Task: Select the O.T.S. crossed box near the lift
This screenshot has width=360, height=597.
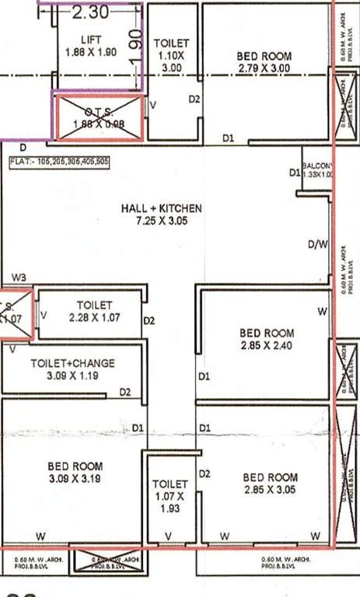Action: tap(98, 117)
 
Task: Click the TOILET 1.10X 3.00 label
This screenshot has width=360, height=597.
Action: tap(172, 55)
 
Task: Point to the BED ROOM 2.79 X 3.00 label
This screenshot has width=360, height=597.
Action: tap(264, 62)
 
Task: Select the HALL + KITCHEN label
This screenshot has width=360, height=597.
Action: tap(162, 215)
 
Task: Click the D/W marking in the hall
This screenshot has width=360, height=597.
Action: tap(317, 245)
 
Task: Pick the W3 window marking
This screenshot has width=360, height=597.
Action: tap(19, 278)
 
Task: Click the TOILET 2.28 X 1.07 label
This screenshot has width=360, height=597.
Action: tap(94, 311)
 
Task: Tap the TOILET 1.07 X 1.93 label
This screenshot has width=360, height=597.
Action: tap(169, 495)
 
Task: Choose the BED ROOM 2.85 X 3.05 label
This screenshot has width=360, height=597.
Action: tap(270, 483)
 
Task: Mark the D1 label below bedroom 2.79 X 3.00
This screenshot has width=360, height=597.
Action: tap(228, 138)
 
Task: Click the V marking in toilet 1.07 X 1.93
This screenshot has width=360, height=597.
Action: tap(169, 536)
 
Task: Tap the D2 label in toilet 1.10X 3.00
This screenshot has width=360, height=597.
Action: tap(194, 99)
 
